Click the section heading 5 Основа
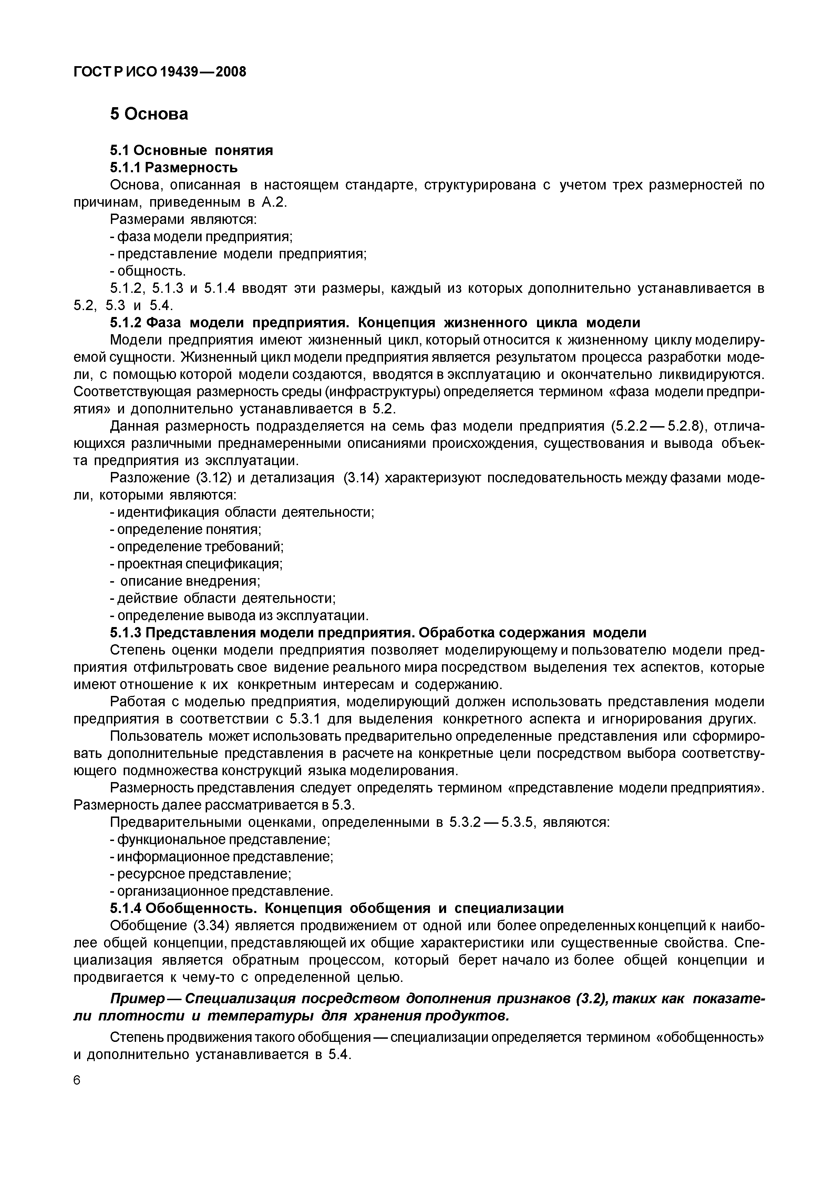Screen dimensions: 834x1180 pyautogui.click(x=149, y=114)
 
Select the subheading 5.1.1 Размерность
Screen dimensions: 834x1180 pyautogui.click(x=174, y=167)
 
